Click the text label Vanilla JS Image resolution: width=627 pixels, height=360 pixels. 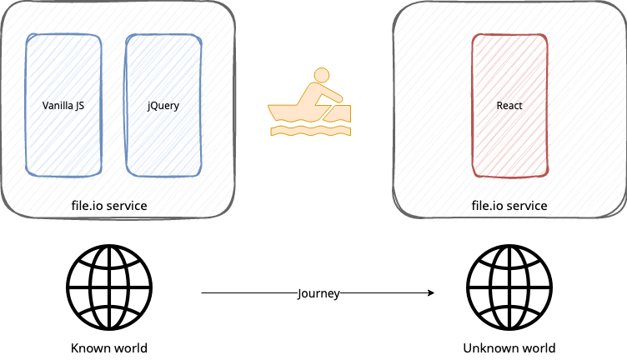pyautogui.click(x=63, y=106)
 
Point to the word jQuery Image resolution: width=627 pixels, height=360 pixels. pyautogui.click(x=163, y=106)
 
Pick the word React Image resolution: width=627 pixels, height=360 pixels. pyautogui.click(x=509, y=106)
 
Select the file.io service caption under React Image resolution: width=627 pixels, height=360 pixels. pyautogui.click(x=509, y=205)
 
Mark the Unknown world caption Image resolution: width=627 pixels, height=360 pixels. pyautogui.click(x=509, y=347)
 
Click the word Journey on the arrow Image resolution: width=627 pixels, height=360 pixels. pyautogui.click(x=318, y=292)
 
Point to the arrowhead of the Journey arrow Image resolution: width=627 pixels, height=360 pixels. pyautogui.click(x=431, y=292)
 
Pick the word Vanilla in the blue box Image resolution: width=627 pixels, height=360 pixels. pyautogui.click(x=57, y=106)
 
